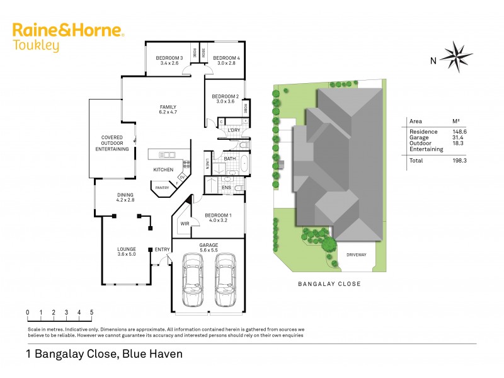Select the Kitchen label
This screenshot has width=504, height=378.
coord(163,170)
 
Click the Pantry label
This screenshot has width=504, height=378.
coord(162,187)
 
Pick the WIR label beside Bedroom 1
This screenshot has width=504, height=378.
coord(185,224)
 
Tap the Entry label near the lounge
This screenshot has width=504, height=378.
coord(163,250)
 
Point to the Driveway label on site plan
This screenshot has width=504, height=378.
coord(357,254)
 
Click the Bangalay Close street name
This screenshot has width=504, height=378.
coord(329,284)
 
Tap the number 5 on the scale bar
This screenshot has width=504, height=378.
coord(92,312)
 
